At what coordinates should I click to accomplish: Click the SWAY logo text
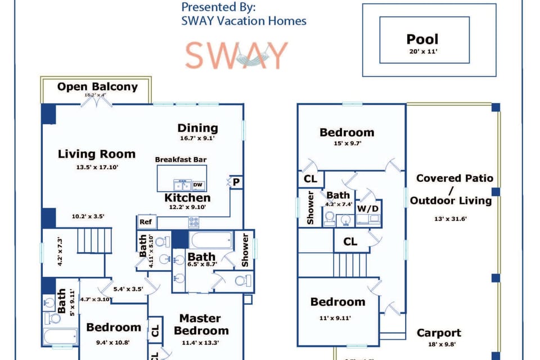coord(237,55)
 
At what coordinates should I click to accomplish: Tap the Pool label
coord(422,39)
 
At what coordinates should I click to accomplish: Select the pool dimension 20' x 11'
coord(422,51)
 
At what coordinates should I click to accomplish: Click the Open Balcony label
coord(97,87)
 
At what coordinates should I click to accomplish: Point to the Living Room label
coord(97,154)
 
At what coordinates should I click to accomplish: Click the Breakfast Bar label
coord(181,160)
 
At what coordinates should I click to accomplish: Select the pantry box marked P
coord(236,182)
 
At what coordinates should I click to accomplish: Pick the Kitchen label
coord(187,198)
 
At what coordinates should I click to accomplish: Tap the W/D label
coord(370,208)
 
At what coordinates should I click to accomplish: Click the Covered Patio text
coord(454,178)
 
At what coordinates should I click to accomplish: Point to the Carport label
coord(439,333)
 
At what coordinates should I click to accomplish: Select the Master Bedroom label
coord(201,325)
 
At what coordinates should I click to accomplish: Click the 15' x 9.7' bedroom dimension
coord(347,143)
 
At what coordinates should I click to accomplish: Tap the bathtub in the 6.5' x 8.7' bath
coord(209,240)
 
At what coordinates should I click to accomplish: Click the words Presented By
coord(218,8)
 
